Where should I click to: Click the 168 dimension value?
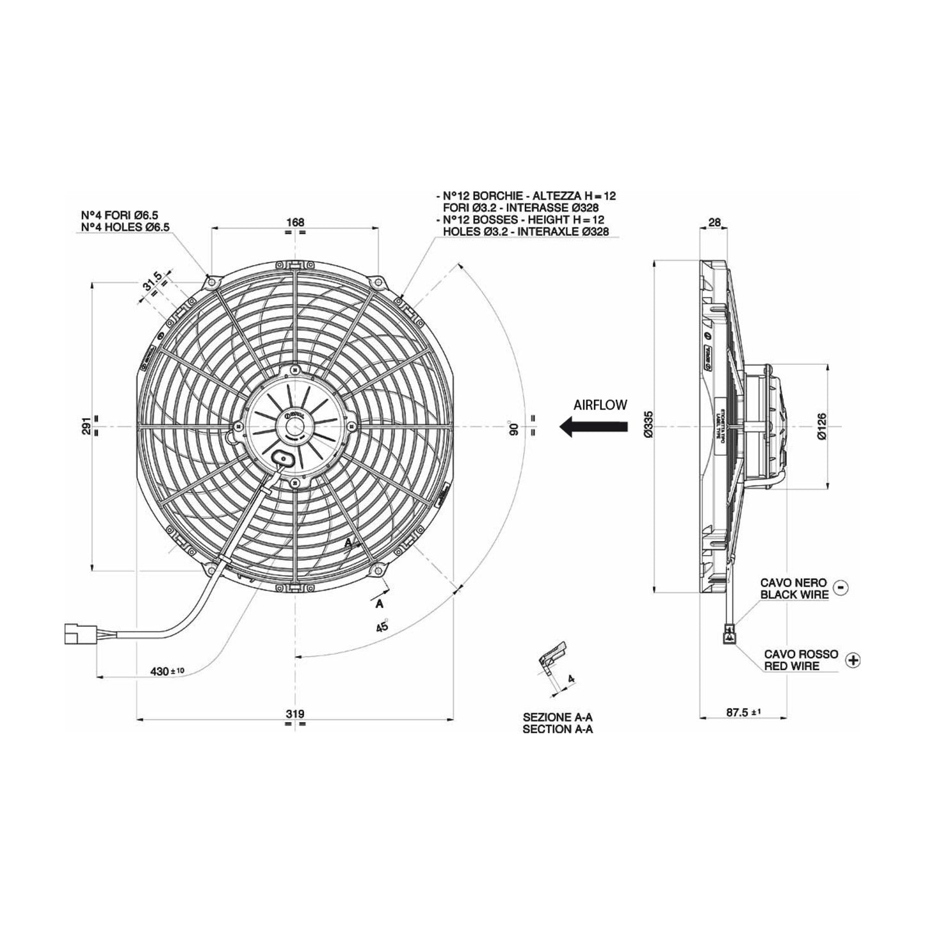[x=295, y=222]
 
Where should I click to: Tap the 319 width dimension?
[x=294, y=714]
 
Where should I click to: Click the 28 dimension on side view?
[x=715, y=222]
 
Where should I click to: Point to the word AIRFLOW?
[x=600, y=405]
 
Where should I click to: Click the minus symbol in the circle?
[x=842, y=587]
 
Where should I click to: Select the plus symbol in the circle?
[x=853, y=660]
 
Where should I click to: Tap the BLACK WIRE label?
[x=794, y=595]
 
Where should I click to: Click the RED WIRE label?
[x=791, y=666]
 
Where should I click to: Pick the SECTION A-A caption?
[x=558, y=729]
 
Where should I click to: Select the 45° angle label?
[x=383, y=626]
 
